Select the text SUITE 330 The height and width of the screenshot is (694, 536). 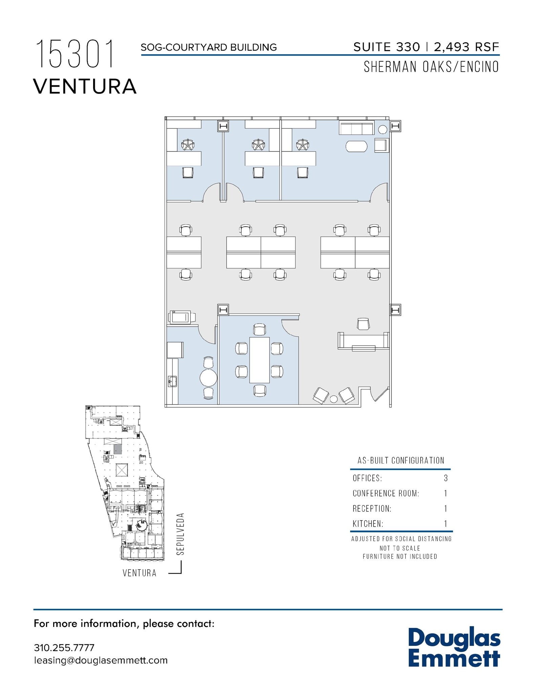[x=386, y=47]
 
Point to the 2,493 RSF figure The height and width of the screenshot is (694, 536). [x=467, y=47]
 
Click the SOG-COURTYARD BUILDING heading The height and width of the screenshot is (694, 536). [x=209, y=47]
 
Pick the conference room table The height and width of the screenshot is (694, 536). [x=260, y=360]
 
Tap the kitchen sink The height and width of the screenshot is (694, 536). [x=172, y=381]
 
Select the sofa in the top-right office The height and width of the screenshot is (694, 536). [x=357, y=128]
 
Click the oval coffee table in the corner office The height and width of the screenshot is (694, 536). [x=356, y=147]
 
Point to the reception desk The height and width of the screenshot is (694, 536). [x=363, y=341]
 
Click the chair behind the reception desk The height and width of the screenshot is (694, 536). [x=363, y=324]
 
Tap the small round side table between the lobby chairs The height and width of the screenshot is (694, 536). [x=334, y=399]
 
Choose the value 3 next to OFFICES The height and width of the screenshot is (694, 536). [x=446, y=478]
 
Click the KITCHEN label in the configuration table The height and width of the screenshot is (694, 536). [x=368, y=524]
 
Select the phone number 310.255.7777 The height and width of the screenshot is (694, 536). [x=64, y=648]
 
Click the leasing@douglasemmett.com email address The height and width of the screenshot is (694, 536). [x=101, y=660]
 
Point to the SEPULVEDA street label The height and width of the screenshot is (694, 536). [x=181, y=534]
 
